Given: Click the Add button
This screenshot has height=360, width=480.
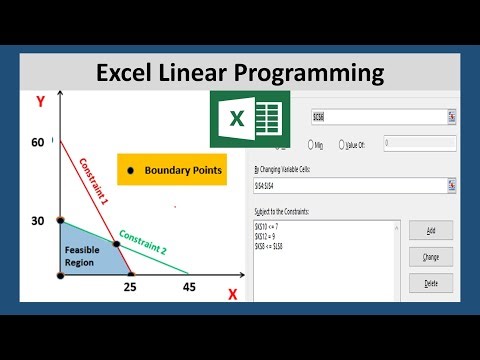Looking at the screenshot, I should tap(431, 230).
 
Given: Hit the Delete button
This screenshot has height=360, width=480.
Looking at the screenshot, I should tap(431, 283).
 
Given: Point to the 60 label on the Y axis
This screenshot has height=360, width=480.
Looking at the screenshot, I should tap(38, 143).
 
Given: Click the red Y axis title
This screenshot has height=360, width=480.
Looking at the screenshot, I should tap(40, 102).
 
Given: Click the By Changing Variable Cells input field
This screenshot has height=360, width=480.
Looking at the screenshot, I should tap(350, 185).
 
